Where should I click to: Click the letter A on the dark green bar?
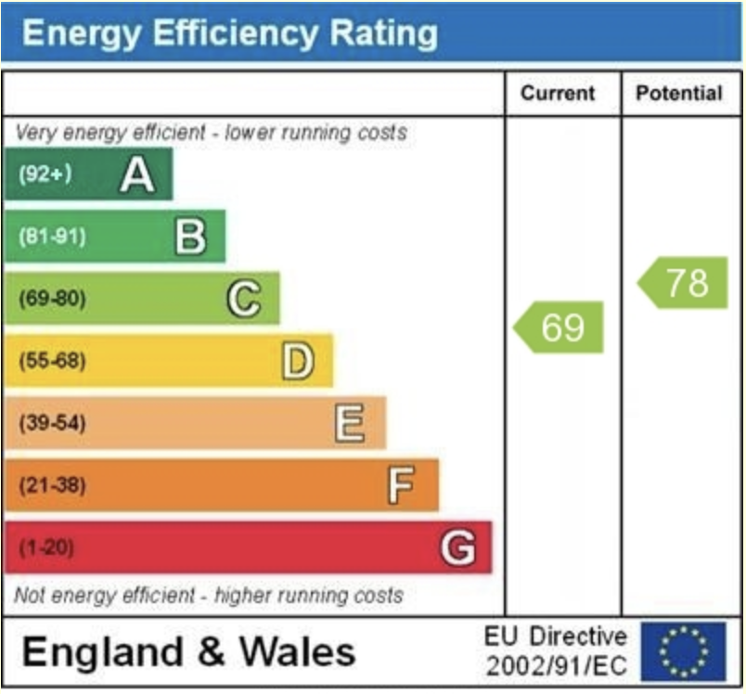tap(137, 174)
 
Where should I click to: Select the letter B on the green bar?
tap(190, 237)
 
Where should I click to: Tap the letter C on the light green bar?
tap(244, 299)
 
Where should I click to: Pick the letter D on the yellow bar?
tap(298, 361)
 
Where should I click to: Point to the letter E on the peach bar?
tap(350, 424)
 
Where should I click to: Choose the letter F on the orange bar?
tap(401, 485)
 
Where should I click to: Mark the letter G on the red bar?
tap(457, 547)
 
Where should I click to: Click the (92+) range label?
tap(45, 174)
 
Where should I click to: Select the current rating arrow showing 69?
tap(559, 328)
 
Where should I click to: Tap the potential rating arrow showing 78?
tap(684, 283)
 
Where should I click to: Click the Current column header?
tap(558, 93)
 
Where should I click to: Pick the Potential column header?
tap(679, 93)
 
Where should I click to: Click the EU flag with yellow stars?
tap(683, 650)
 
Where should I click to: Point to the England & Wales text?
tap(188, 651)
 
